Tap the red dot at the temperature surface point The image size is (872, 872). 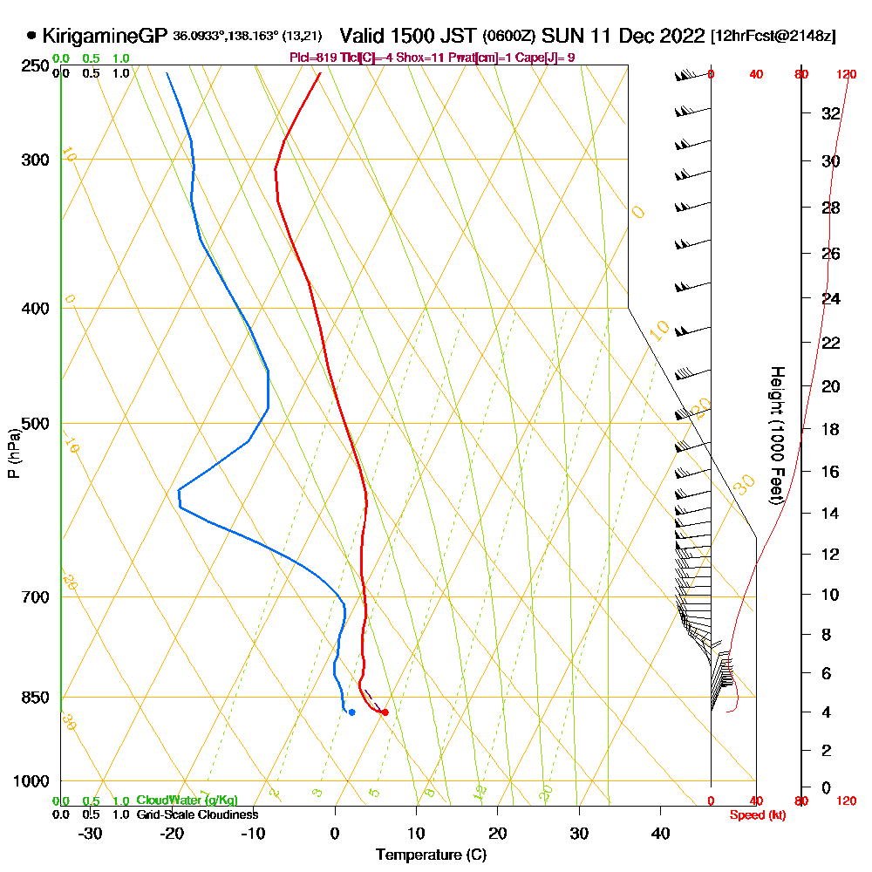(x=385, y=712)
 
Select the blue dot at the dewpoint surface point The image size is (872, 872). (x=351, y=712)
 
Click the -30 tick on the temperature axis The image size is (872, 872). (x=91, y=834)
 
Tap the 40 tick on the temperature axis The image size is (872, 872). (x=660, y=834)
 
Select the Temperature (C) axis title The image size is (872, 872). (x=431, y=855)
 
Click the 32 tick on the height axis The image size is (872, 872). (x=830, y=113)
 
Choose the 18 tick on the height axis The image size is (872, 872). (x=830, y=428)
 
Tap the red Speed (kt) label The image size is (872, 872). (x=754, y=814)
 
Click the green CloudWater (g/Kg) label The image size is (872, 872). (x=187, y=800)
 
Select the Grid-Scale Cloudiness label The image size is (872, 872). (x=197, y=814)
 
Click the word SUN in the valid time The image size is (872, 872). (x=558, y=36)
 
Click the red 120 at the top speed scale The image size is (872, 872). (x=846, y=74)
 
